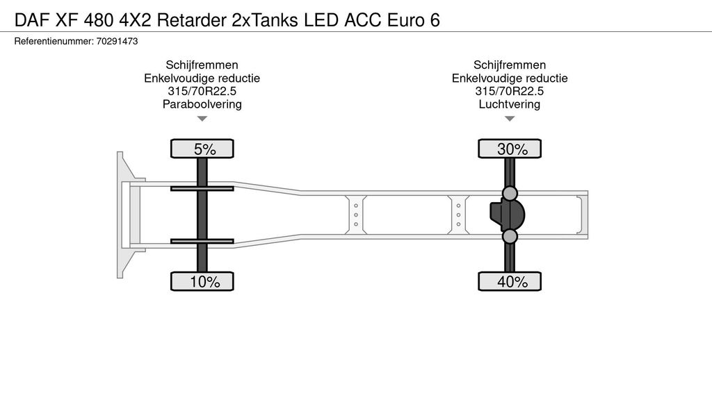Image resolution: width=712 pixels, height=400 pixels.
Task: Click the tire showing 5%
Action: [x=202, y=149]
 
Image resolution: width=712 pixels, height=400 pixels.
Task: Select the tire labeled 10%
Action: [x=202, y=281]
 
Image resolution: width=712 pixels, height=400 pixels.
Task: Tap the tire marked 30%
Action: [x=510, y=149]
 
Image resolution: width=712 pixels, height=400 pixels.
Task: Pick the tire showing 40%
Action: [x=510, y=281]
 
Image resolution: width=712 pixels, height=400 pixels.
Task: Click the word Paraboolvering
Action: [x=202, y=104]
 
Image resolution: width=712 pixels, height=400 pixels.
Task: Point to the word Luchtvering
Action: [x=510, y=104]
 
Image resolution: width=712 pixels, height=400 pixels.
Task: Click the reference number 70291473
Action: [x=117, y=41]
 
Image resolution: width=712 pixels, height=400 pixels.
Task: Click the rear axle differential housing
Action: [x=507, y=215]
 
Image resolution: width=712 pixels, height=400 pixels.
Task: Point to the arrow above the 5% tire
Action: [x=202, y=119]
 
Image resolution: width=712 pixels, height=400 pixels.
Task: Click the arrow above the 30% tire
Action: [x=510, y=119]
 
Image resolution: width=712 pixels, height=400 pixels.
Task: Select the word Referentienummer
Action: [x=54, y=41]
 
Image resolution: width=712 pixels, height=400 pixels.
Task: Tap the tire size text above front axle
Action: [x=202, y=91]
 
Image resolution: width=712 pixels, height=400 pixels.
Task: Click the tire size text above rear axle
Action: [x=510, y=91]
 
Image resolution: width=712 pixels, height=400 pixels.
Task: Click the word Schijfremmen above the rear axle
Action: [x=510, y=65]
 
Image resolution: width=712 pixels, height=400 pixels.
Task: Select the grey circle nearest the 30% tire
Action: [x=510, y=193]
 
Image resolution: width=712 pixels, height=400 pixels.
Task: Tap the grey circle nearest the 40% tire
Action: [x=510, y=236]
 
